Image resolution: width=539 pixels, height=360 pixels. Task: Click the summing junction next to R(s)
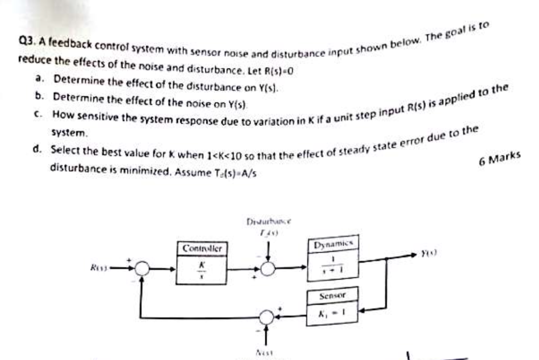pyautogui.click(x=141, y=268)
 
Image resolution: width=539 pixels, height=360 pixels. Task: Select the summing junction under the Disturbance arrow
pyautogui.click(x=268, y=268)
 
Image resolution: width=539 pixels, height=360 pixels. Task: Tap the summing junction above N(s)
pyautogui.click(x=267, y=317)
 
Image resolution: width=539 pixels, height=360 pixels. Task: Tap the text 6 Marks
pyautogui.click(x=500, y=158)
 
